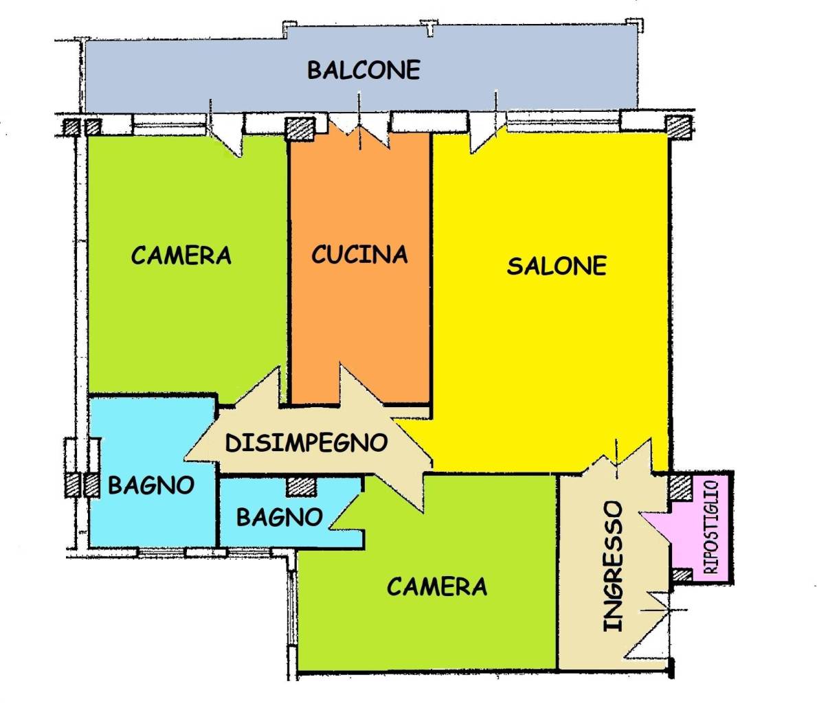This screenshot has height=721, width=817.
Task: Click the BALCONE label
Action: (363, 70)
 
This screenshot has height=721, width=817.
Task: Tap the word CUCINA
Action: (359, 255)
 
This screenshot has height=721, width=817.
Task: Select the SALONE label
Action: (557, 266)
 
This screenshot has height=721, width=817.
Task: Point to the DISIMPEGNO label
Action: (306, 442)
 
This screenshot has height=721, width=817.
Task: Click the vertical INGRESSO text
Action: (613, 566)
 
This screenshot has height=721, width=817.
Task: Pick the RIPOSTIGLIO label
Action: (711, 527)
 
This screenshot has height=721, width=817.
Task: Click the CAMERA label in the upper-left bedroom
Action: (181, 255)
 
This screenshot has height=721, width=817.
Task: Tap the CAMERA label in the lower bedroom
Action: (436, 586)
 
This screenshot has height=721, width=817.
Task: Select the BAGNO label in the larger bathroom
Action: (151, 485)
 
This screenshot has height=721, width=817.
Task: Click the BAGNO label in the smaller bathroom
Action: (280, 517)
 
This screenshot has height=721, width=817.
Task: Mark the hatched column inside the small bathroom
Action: (301, 487)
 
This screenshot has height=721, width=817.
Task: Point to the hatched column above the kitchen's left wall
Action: (300, 128)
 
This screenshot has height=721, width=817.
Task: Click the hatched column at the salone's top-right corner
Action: (679, 127)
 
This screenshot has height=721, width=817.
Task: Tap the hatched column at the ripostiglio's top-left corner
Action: (680, 487)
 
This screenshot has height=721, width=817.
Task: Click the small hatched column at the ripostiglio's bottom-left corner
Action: (682, 575)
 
